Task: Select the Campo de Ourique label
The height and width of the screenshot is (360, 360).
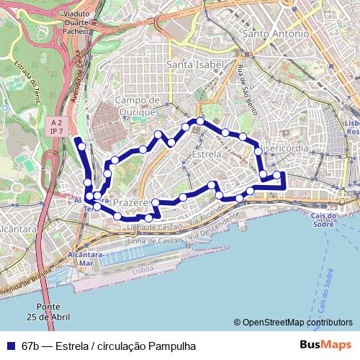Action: coord(135,106)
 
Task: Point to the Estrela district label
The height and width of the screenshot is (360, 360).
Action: coord(207,154)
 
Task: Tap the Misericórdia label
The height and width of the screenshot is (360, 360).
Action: coord(286,148)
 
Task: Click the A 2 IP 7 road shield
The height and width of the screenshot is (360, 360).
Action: coord(57,127)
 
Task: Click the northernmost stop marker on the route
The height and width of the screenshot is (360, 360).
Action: coord(200,121)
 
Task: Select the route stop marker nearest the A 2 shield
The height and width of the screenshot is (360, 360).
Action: coord(82,146)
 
